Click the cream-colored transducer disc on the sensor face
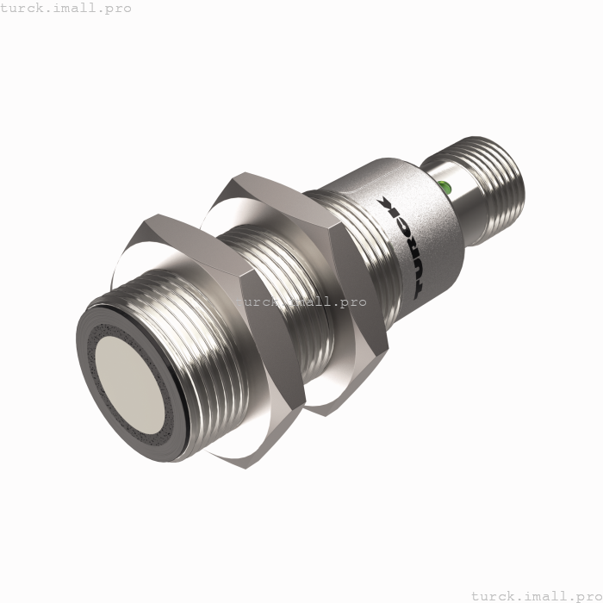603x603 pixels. (130, 384)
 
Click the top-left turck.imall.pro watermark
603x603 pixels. (66, 8)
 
